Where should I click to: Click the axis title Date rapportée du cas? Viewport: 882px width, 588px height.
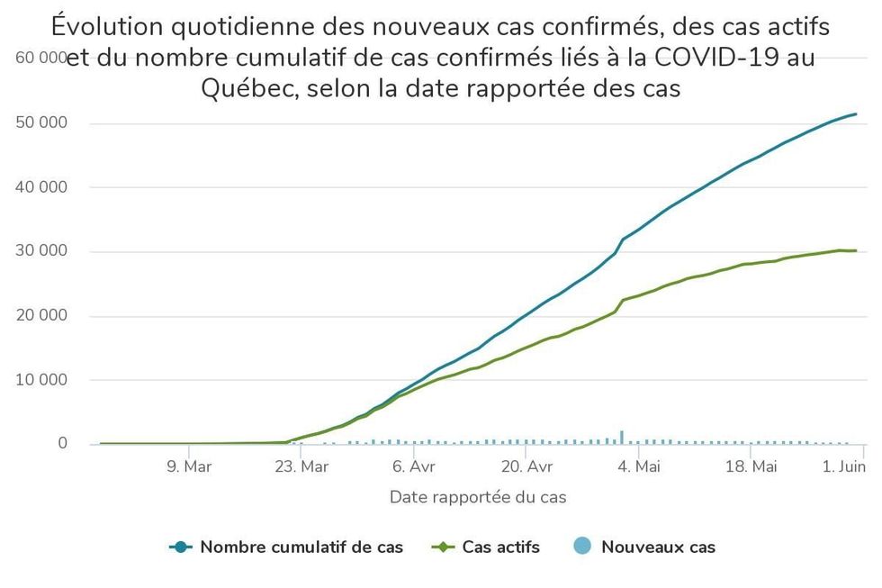point(478,497)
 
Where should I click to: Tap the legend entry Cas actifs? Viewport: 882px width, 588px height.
point(500,547)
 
